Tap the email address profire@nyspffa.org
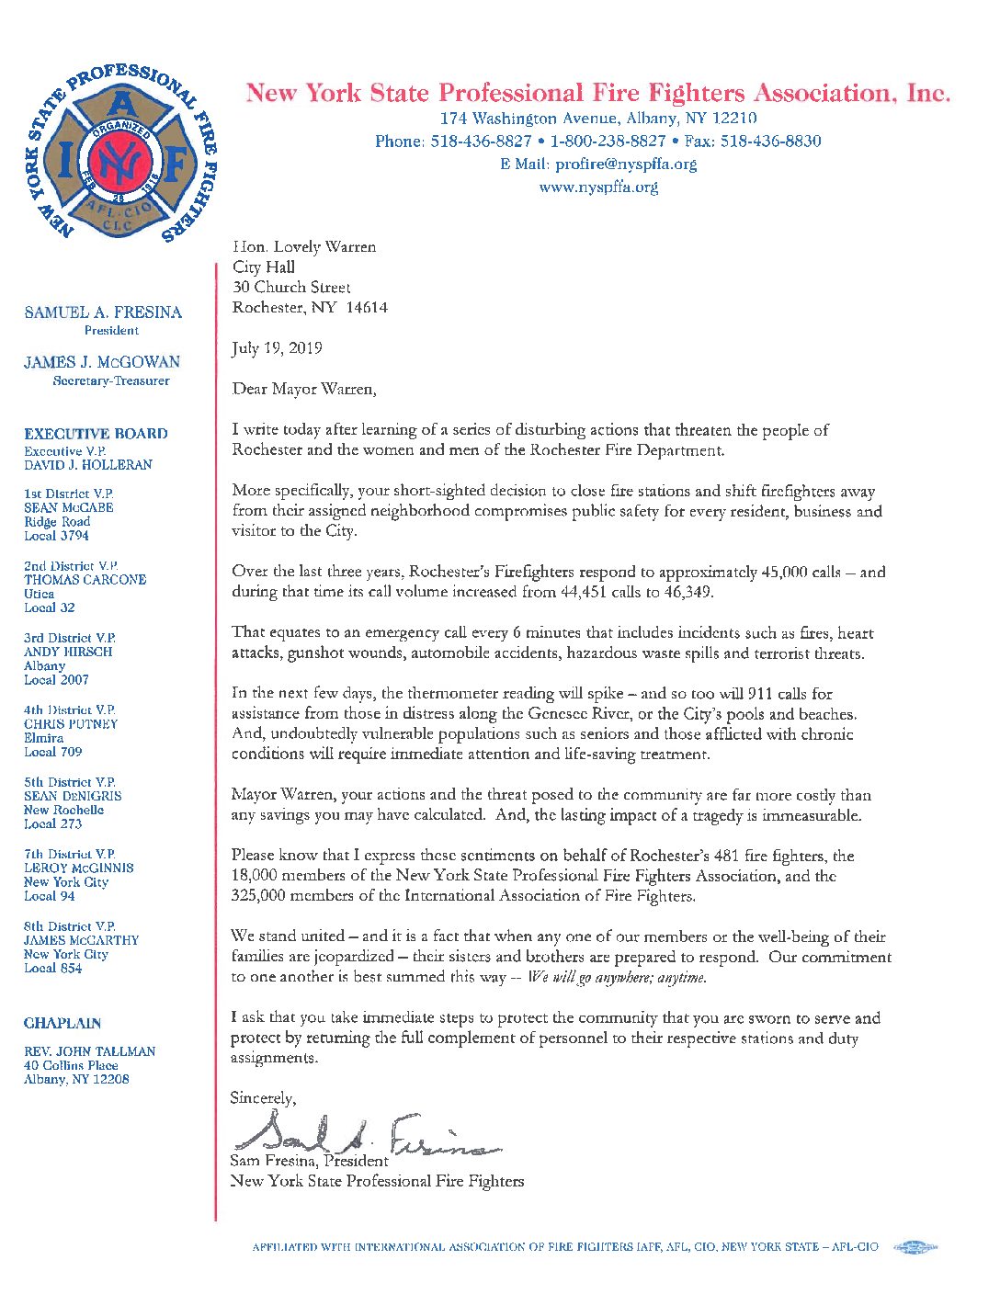pos(626,165)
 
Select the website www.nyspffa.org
pos(598,187)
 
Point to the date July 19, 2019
pos(278,348)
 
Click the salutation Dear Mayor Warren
pos(304,389)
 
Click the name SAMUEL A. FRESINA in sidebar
pos(103,312)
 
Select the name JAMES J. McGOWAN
pos(102,362)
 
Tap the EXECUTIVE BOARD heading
pos(97,434)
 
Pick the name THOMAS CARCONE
pos(85,580)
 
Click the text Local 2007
pos(56,680)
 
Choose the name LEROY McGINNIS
pos(79,868)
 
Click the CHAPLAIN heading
pos(62,1023)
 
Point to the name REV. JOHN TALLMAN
pos(90,1051)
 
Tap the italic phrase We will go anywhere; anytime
pos(618,977)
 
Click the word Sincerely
pos(263,1098)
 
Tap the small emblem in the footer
pos(915,1247)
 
